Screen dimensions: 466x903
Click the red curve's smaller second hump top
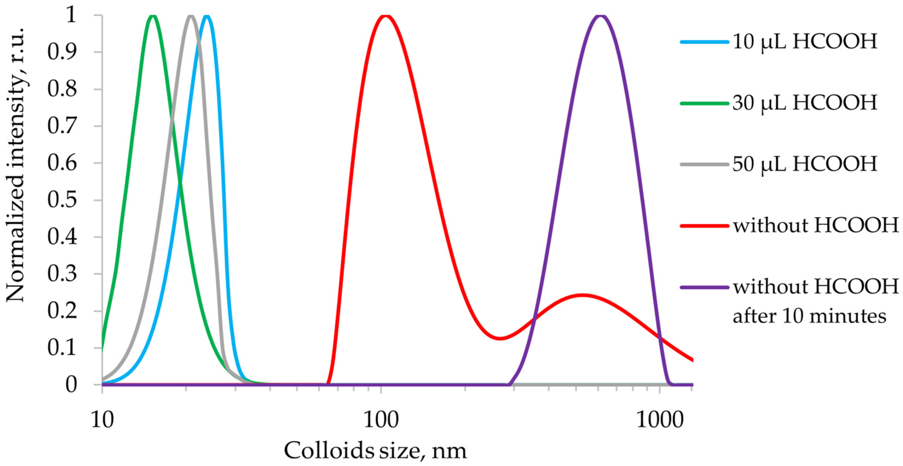click(x=582, y=295)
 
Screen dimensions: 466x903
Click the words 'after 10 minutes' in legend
click(x=809, y=316)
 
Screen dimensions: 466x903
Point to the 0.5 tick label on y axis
click(x=62, y=200)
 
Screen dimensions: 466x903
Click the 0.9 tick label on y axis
click(x=62, y=53)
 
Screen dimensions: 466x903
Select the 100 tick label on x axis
click(x=381, y=420)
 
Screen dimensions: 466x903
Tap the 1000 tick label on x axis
click(x=660, y=420)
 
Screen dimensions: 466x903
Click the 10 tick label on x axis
click(x=102, y=420)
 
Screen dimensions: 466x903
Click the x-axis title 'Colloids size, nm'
click(x=375, y=451)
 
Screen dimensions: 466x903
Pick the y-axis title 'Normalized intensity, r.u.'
click(x=16, y=165)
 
